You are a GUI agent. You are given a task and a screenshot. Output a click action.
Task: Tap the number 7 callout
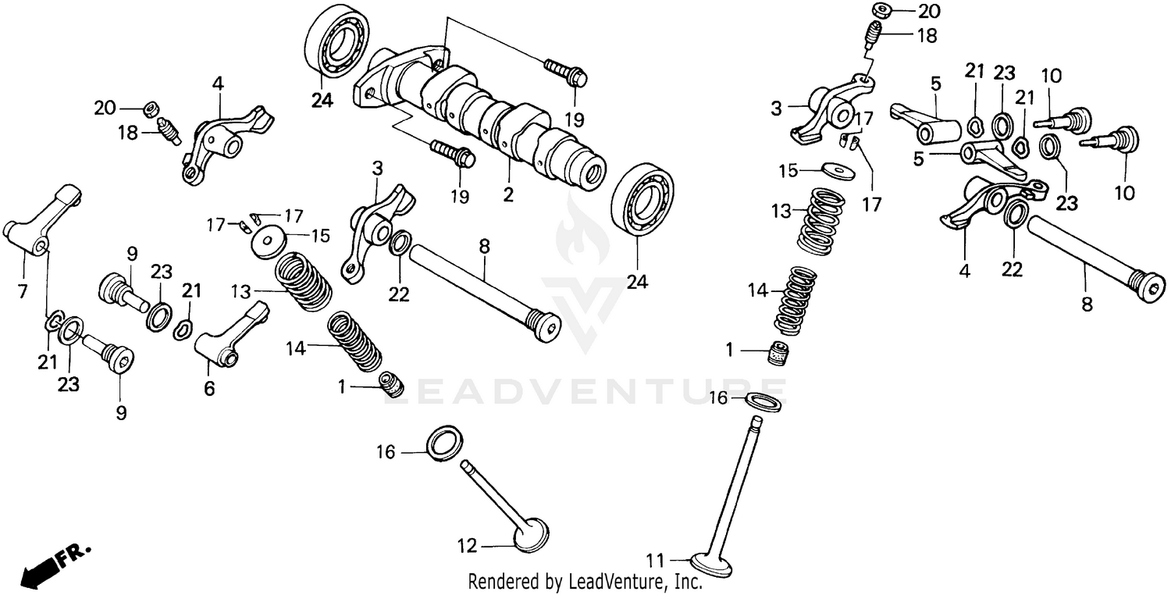(22, 292)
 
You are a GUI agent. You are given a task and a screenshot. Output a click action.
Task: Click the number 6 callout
(209, 388)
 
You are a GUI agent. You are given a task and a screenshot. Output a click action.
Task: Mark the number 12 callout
(467, 547)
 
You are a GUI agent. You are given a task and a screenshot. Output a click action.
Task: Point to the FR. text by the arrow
(76, 552)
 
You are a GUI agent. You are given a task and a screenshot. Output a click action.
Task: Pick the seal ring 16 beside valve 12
(444, 440)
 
